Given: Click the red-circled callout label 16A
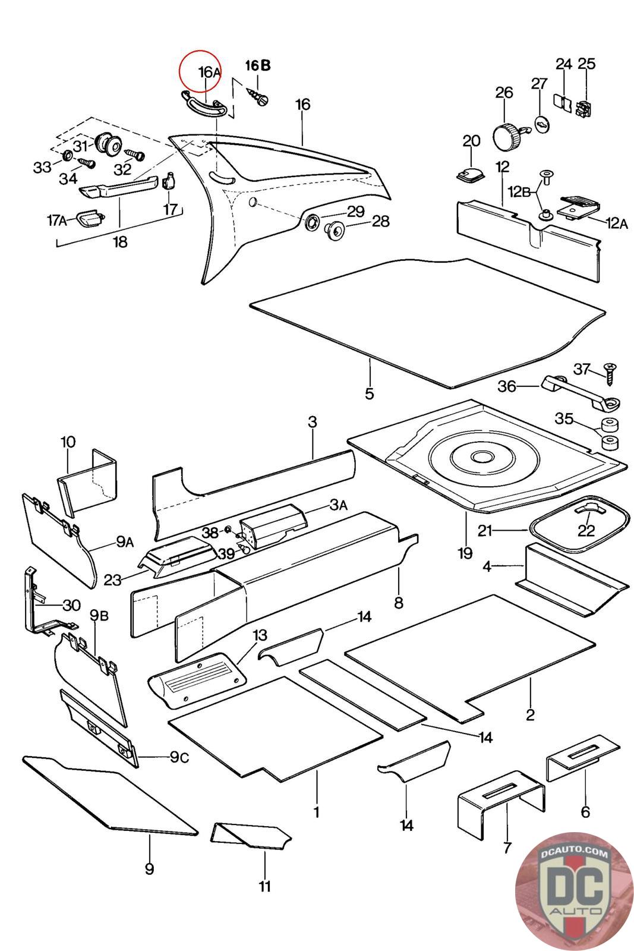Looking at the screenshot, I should [209, 72].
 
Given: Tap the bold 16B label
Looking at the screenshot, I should [258, 65].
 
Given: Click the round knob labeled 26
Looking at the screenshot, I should [506, 137].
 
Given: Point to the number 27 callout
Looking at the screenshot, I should [539, 83].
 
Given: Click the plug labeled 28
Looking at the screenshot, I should [336, 229].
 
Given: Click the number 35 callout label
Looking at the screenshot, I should [564, 418].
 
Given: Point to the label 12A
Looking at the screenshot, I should [616, 223].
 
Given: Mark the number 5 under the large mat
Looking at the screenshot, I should [370, 393].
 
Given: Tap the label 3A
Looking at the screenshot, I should [338, 505].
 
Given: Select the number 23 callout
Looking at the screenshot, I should [112, 580].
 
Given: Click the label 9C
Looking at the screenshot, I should [179, 757].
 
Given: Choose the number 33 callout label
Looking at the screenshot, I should [42, 168].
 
